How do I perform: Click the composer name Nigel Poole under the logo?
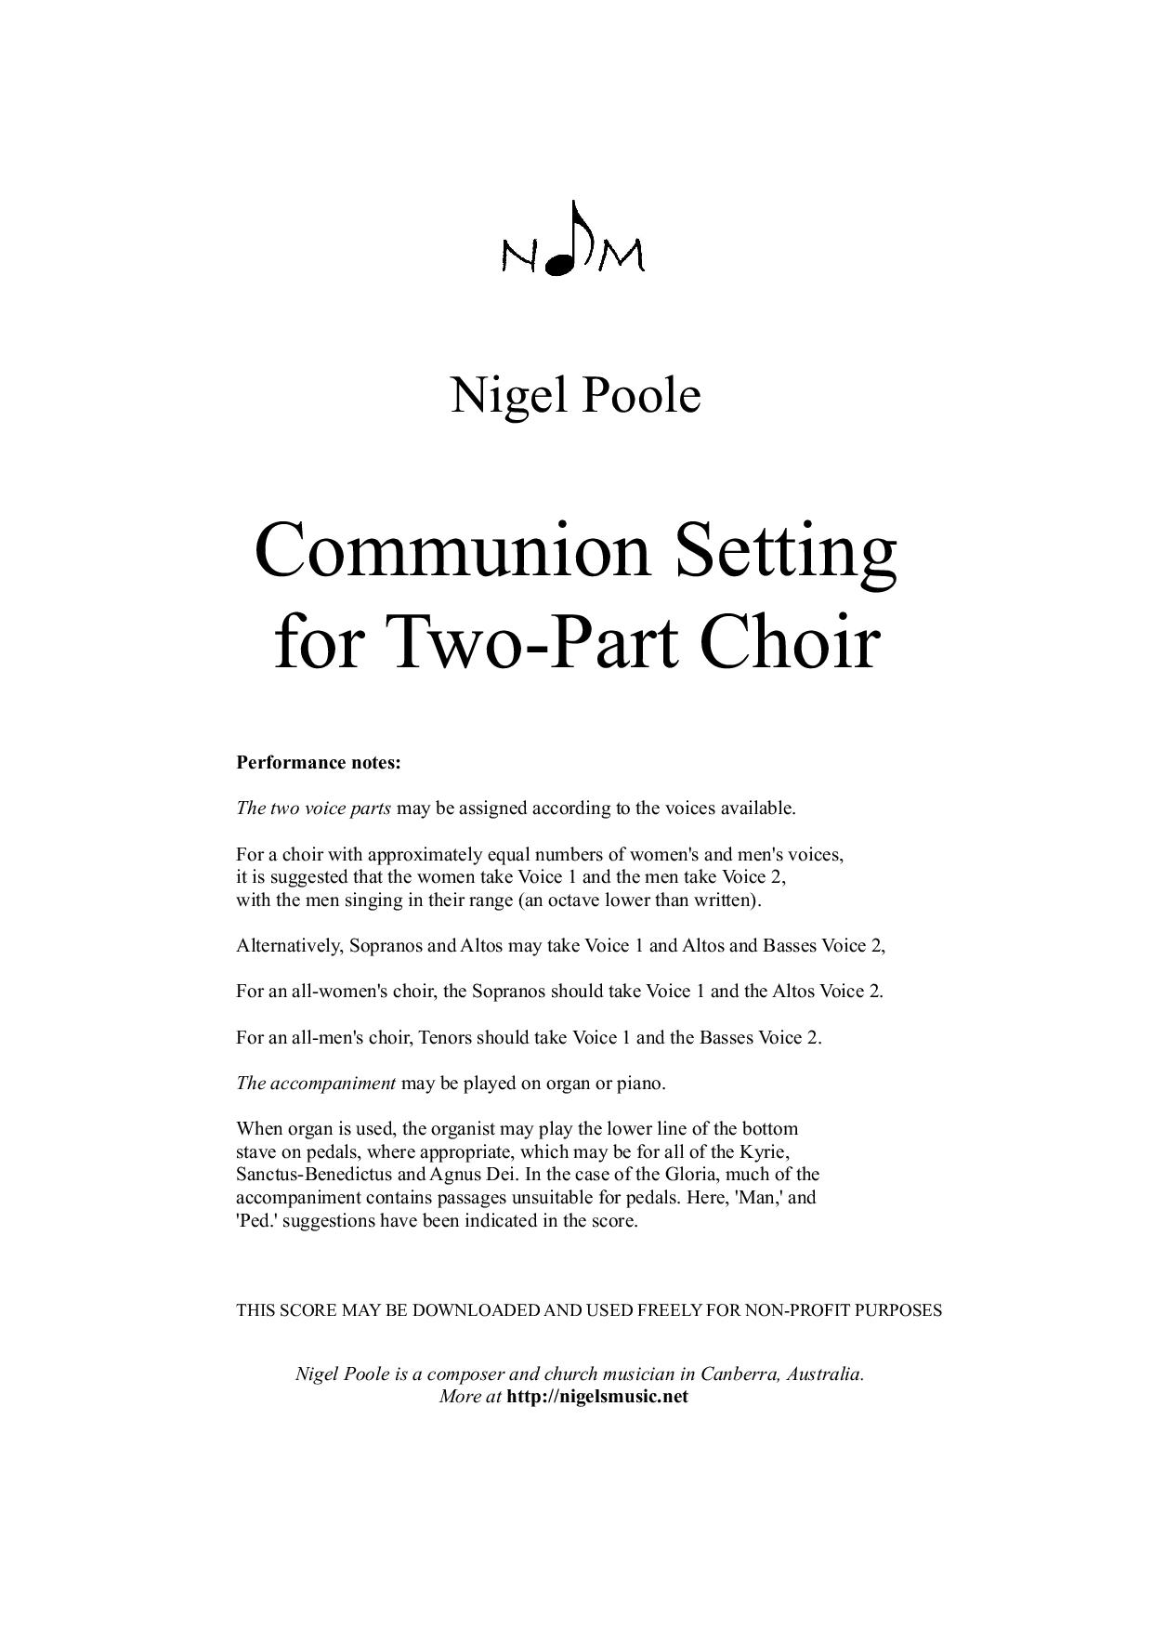(575, 395)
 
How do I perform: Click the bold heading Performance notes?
(319, 763)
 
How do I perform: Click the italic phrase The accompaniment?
(316, 1084)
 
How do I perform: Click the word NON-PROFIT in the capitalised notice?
(801, 1311)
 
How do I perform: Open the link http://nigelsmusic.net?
(597, 1397)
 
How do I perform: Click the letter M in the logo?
(621, 256)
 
